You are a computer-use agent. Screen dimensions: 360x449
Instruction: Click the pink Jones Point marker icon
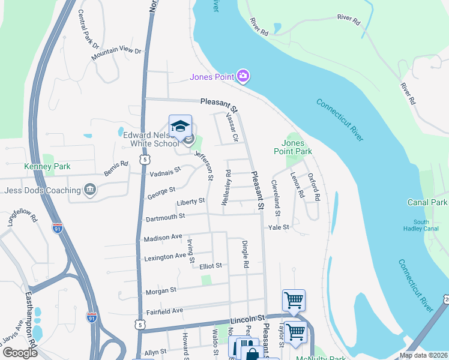(x=243, y=76)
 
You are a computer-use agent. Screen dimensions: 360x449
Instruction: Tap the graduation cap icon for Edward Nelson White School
(x=180, y=125)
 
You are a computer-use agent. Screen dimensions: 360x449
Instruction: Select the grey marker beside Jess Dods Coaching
(x=90, y=190)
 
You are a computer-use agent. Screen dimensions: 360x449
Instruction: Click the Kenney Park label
(x=47, y=166)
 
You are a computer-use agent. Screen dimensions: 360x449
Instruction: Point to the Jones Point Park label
(x=297, y=148)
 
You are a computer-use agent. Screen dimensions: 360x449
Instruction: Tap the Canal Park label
(x=427, y=202)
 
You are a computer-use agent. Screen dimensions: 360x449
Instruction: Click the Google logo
(x=19, y=352)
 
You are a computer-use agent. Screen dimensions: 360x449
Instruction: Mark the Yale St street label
(x=279, y=227)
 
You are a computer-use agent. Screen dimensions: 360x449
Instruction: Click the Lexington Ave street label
(x=165, y=257)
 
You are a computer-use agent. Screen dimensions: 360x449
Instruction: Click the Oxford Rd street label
(x=314, y=187)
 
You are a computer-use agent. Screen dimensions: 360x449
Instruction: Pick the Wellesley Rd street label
(x=226, y=188)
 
